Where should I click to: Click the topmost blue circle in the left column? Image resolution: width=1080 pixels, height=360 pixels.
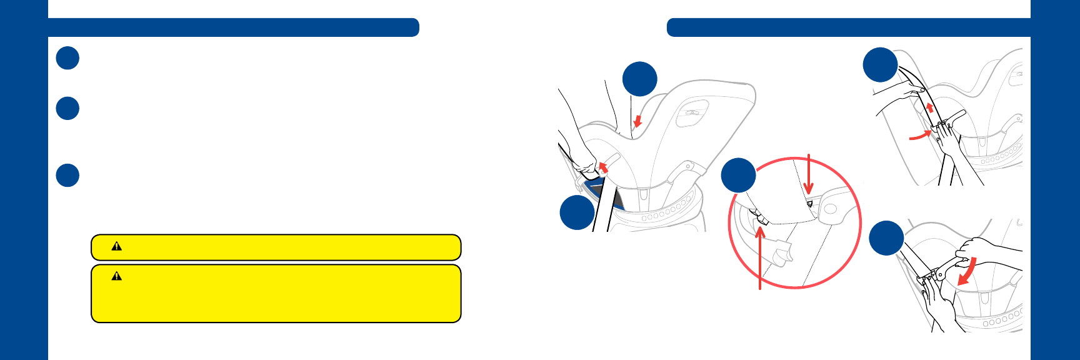pyautogui.click(x=67, y=58)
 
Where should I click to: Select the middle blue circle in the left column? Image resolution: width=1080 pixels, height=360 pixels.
pyautogui.click(x=67, y=108)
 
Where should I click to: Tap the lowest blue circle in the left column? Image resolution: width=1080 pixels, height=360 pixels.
pyautogui.click(x=67, y=175)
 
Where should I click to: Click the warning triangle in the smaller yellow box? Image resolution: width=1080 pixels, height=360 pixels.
pyautogui.click(x=116, y=246)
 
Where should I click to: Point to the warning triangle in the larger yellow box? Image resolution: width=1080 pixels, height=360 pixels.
pyautogui.click(x=116, y=276)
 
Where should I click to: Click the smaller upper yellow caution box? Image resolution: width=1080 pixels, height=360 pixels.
pyautogui.click(x=276, y=247)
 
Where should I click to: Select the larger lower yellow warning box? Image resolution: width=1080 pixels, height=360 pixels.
pyautogui.click(x=276, y=294)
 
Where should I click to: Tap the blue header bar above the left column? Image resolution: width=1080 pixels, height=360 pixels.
pyautogui.click(x=233, y=27)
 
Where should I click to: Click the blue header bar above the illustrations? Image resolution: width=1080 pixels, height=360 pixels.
pyautogui.click(x=848, y=27)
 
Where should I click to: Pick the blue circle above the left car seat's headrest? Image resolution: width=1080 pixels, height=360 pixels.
pyautogui.click(x=640, y=79)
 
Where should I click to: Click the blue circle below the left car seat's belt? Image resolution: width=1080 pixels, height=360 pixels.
pyautogui.click(x=577, y=212)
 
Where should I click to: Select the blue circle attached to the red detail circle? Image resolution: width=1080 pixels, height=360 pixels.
pyautogui.click(x=739, y=175)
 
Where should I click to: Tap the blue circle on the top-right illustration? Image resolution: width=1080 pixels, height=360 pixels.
pyautogui.click(x=880, y=64)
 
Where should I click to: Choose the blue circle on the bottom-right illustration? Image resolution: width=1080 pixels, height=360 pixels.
pyautogui.click(x=886, y=238)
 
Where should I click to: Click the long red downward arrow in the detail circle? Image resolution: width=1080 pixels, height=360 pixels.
pyautogui.click(x=809, y=175)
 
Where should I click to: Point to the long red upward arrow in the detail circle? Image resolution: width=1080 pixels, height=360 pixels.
pyautogui.click(x=760, y=256)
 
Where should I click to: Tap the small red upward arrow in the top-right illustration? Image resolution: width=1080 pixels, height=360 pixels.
pyautogui.click(x=930, y=107)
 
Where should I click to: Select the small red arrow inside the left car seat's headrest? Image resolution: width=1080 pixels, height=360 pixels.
pyautogui.click(x=637, y=120)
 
